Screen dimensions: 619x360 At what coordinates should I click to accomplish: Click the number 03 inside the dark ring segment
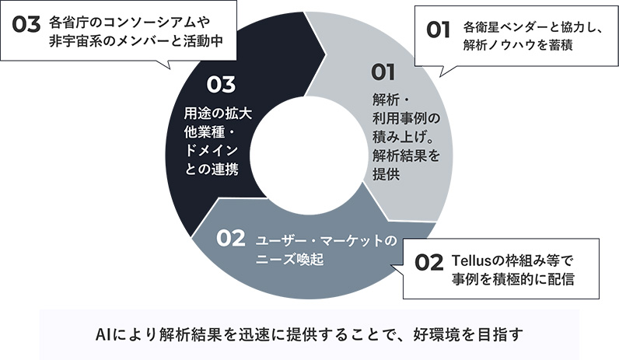click(221, 85)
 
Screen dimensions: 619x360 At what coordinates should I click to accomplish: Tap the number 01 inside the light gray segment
click(383, 72)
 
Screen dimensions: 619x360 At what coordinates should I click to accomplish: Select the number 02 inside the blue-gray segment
click(230, 238)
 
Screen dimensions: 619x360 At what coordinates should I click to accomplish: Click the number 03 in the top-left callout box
click(26, 24)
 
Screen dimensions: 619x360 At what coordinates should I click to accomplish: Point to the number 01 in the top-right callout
click(438, 30)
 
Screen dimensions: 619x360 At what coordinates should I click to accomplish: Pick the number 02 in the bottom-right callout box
click(429, 263)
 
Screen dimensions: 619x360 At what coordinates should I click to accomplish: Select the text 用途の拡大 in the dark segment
click(218, 114)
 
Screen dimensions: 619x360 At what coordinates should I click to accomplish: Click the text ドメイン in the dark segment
click(212, 150)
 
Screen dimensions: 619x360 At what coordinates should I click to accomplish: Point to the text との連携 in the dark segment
click(212, 169)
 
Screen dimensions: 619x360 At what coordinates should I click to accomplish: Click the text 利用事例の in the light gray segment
click(406, 118)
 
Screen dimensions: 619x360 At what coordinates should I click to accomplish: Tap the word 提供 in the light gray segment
click(386, 174)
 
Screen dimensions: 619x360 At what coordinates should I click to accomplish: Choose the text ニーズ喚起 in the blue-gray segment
click(290, 260)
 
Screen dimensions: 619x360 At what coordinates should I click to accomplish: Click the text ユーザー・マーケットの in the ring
click(326, 240)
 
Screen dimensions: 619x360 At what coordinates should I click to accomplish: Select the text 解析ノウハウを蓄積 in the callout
click(518, 45)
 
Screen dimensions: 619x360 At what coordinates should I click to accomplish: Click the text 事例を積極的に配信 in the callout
click(512, 279)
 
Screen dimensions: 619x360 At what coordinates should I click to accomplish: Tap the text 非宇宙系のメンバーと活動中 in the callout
click(136, 41)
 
